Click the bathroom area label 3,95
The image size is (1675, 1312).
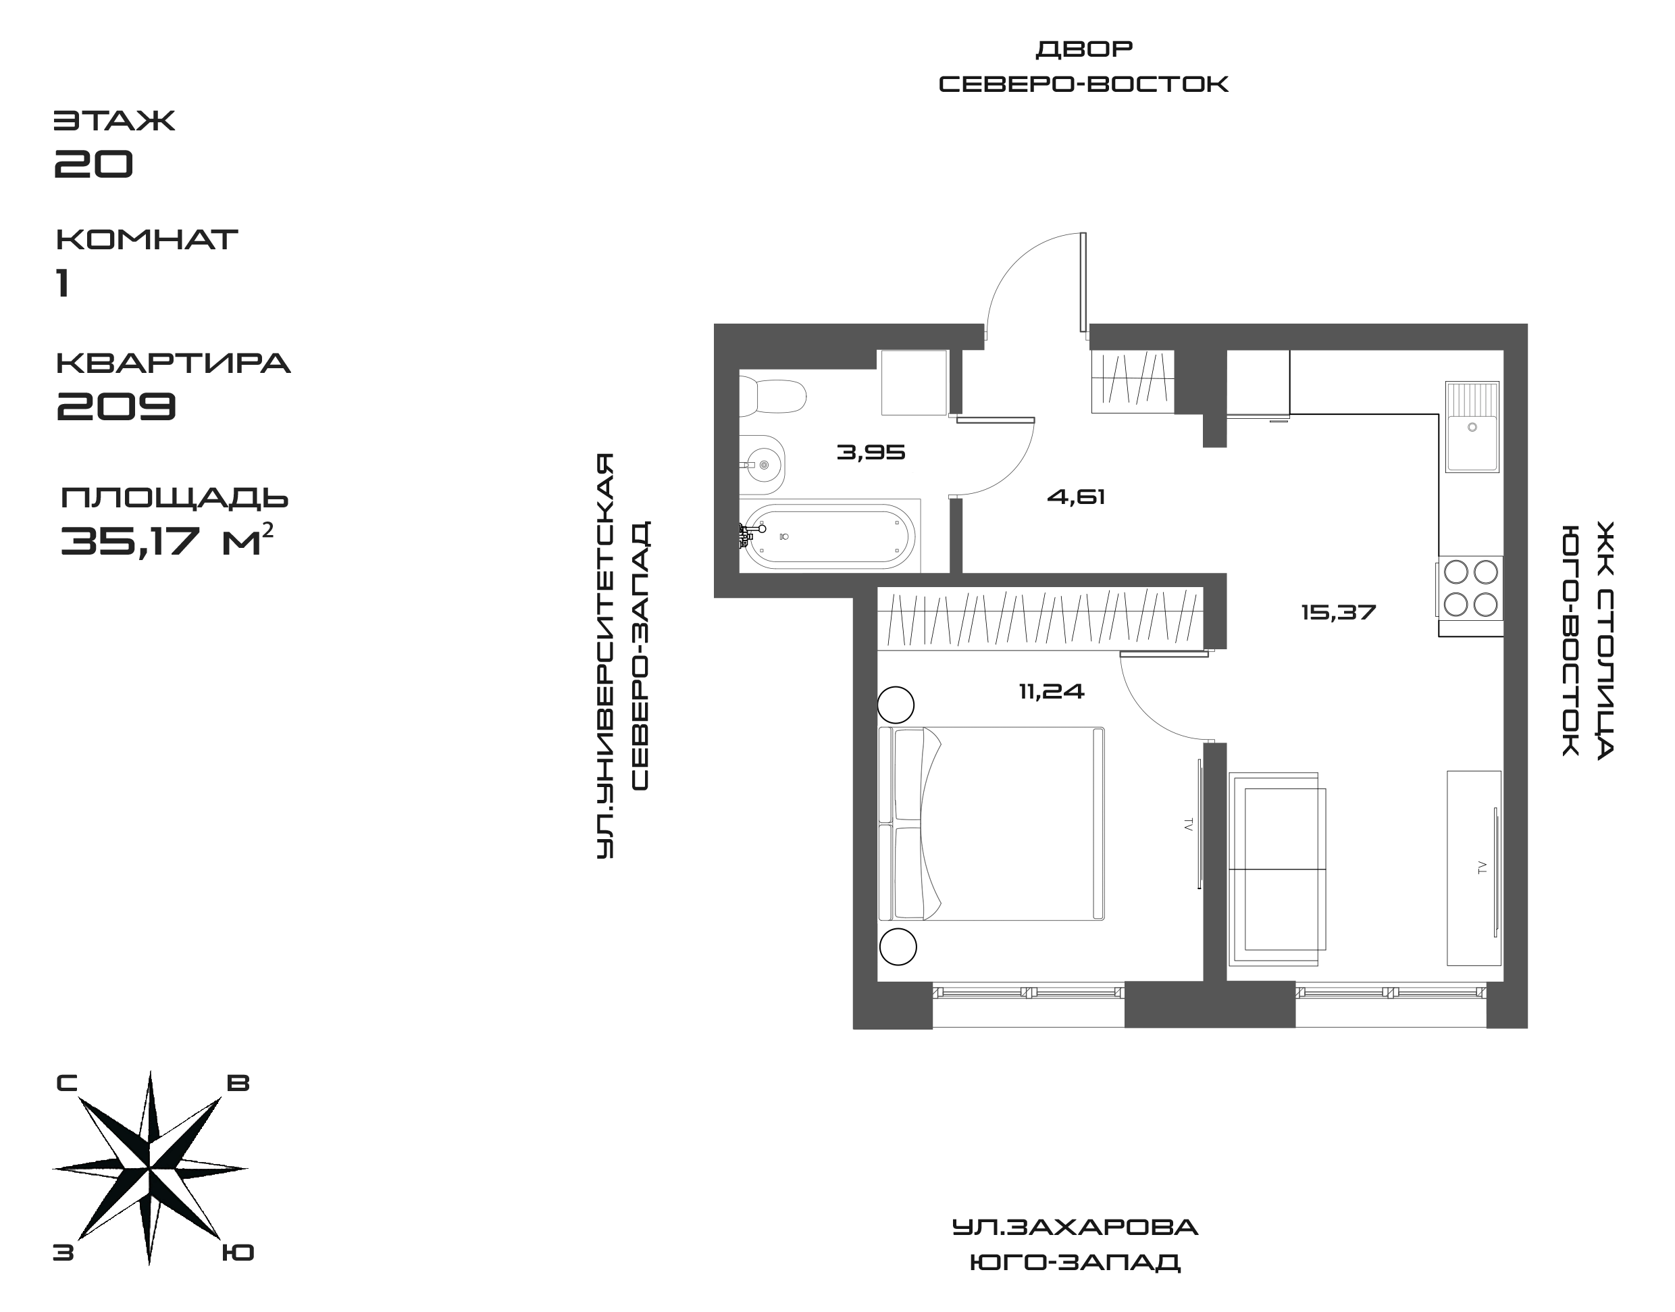[871, 453]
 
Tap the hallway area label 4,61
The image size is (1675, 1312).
[1076, 497]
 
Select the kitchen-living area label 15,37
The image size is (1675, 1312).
[1338, 612]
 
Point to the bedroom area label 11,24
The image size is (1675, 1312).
[1052, 691]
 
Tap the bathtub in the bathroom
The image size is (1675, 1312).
[829, 536]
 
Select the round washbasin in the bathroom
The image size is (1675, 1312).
[763, 465]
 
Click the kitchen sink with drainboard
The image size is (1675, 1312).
[1472, 426]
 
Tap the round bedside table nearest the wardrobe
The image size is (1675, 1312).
[896, 703]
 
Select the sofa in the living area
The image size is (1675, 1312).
[1277, 869]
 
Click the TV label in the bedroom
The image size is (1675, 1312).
[1189, 825]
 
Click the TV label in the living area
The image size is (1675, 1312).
[1481, 867]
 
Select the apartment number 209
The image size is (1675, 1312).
[118, 405]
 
